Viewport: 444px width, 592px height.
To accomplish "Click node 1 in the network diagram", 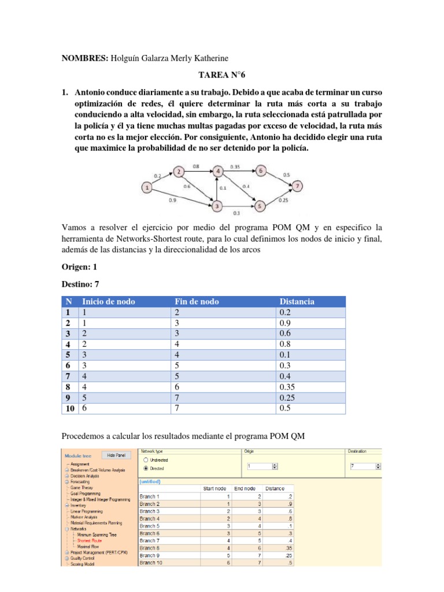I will (148, 187).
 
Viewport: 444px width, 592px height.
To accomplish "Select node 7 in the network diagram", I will (297, 186).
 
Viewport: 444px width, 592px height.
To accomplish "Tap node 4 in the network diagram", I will (217, 171).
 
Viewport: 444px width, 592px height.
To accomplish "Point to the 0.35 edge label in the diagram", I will (235, 166).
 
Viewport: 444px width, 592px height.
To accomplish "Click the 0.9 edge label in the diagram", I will (173, 201).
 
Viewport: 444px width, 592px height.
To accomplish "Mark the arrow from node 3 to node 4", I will (217, 188).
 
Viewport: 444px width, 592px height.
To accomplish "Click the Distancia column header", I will (297, 301).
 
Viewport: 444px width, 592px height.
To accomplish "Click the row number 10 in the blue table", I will (69, 409).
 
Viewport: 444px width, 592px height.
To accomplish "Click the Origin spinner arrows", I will (275, 466).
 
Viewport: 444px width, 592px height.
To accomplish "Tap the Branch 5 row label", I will (150, 526).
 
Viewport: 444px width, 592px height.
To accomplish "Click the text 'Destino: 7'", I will (80, 284).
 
